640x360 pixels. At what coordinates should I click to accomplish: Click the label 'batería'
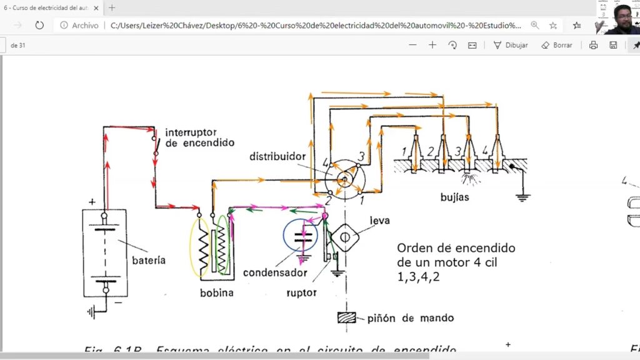pos(149,260)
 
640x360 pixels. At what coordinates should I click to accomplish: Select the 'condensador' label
pos(275,272)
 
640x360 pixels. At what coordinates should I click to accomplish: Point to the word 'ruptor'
pos(301,292)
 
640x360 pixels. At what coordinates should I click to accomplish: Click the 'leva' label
pos(379,221)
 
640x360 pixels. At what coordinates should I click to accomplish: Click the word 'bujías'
pos(454,197)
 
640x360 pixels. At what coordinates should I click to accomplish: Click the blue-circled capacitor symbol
pos(305,236)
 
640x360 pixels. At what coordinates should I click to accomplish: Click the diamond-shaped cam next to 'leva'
pos(344,238)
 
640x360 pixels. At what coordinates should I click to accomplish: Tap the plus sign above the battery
pos(92,202)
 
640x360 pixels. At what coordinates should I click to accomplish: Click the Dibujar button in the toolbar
pos(511,45)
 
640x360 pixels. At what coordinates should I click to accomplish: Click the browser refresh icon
pos(39,25)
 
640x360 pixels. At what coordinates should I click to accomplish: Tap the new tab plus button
pos(112,7)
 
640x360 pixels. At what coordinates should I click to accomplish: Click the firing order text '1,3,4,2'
pos(418,276)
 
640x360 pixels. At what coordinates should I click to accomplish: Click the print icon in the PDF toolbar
pos(593,45)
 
